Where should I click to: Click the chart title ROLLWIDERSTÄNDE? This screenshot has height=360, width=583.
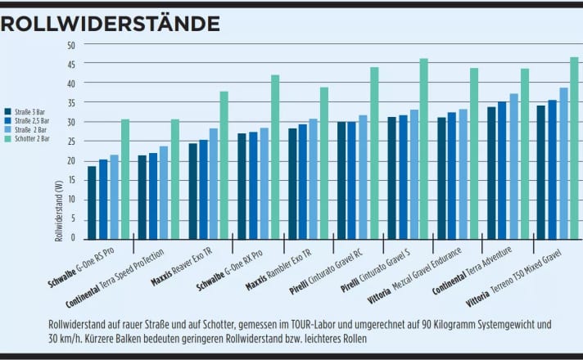click(x=110, y=22)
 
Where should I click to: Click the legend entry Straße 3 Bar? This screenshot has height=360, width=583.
click(x=29, y=111)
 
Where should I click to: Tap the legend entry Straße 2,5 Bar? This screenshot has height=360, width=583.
click(x=31, y=119)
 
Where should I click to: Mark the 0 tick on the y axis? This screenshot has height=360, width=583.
click(x=72, y=238)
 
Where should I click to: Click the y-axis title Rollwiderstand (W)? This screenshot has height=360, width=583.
click(x=59, y=210)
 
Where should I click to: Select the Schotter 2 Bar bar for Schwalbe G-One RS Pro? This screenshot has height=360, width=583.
click(x=125, y=178)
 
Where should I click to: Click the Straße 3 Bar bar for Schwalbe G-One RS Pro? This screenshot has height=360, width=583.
click(x=93, y=202)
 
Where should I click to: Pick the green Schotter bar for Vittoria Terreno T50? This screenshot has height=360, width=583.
click(x=574, y=147)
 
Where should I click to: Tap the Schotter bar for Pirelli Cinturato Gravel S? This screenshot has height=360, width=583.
click(x=424, y=148)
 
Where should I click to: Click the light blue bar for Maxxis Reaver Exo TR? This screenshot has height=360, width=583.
click(x=214, y=183)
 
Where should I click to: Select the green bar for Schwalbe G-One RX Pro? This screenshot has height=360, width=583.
click(x=275, y=156)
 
